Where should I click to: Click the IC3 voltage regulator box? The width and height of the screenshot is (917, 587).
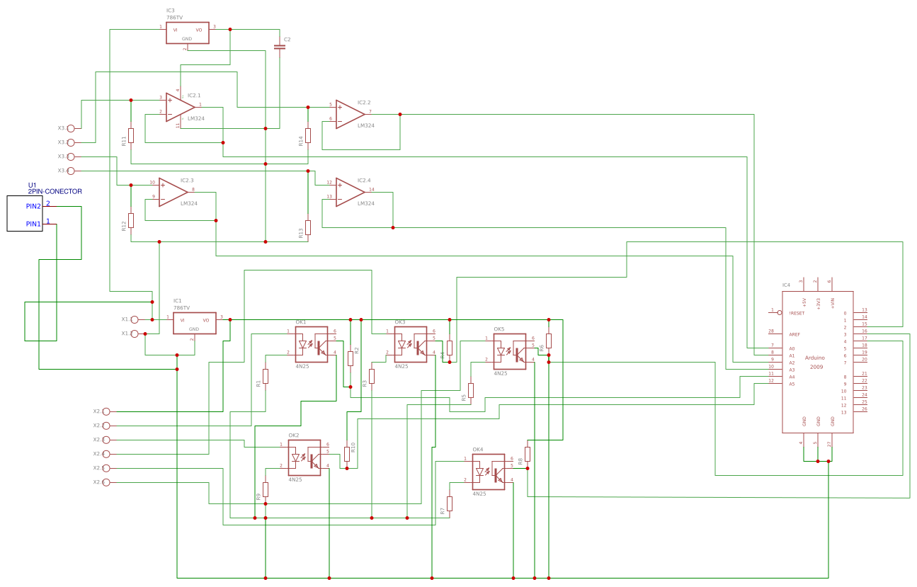coord(188,33)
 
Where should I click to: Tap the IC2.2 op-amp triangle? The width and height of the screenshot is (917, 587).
coord(349,113)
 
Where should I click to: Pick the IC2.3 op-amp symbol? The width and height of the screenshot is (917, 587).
coord(172,191)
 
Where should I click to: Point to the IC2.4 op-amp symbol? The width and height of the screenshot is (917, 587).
coord(349,191)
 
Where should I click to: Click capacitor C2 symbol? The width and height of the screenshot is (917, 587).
coord(280,47)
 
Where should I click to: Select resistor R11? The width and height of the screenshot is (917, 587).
coord(131,135)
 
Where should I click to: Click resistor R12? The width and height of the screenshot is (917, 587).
coord(131,220)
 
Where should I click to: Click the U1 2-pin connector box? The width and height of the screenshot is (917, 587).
coord(25,213)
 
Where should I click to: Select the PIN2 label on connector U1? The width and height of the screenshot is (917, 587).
coord(33,206)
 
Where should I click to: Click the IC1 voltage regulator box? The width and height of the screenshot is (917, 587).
coord(195,324)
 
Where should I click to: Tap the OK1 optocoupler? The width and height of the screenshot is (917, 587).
coord(312,345)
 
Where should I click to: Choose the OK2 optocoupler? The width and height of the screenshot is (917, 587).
coord(304,457)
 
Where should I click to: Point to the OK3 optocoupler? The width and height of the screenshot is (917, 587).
coord(411,345)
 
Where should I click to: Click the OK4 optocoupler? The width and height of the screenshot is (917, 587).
coord(489,472)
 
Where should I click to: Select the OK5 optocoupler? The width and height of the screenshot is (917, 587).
coord(510,352)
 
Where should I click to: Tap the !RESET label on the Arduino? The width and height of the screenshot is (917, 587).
coord(797,313)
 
